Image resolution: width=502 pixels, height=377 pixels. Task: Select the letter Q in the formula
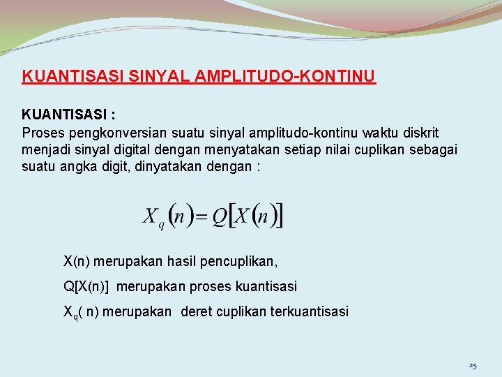pyautogui.click(x=219, y=216)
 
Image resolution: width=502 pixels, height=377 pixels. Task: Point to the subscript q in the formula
pyautogui.click(x=161, y=223)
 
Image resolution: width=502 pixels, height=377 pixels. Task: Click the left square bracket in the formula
pyautogui.click(x=233, y=216)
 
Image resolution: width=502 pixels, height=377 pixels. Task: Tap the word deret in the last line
pyautogui.click(x=195, y=311)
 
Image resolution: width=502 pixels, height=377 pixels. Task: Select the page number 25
pyautogui.click(x=473, y=366)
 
